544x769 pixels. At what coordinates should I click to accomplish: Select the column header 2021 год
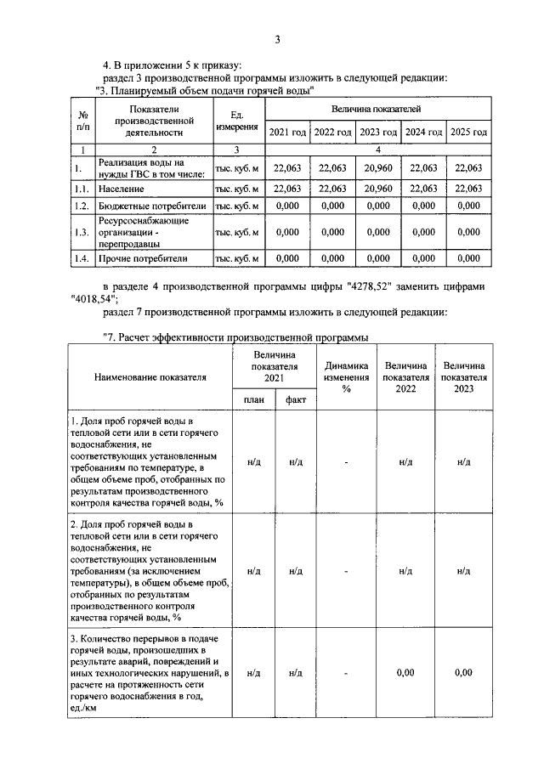[x=287, y=133]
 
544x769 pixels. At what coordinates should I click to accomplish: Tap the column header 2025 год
[x=468, y=133]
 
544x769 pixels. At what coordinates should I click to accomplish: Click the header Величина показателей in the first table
[x=377, y=110]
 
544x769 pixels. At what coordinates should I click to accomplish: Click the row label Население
[x=121, y=189]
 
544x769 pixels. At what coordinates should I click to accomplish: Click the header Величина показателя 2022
[x=405, y=376]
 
